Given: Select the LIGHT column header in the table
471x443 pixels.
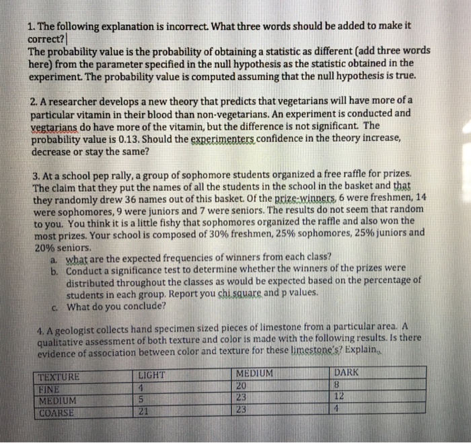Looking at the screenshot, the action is point(151,374).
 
